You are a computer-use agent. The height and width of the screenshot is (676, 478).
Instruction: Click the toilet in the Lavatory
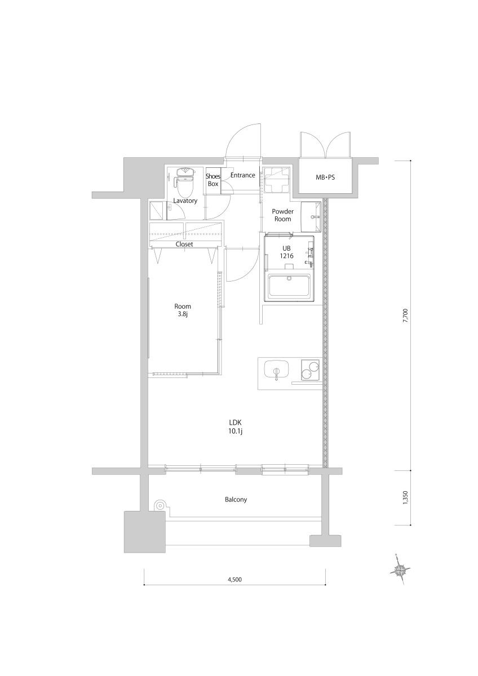(184, 180)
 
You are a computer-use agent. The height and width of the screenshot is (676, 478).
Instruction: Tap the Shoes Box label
(213, 180)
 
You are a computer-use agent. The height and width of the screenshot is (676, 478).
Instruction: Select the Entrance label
(242, 175)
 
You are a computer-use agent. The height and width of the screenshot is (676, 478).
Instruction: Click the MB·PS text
(325, 177)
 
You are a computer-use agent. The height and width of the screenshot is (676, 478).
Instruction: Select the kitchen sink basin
(276, 370)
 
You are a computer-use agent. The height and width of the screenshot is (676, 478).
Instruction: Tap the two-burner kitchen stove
(309, 370)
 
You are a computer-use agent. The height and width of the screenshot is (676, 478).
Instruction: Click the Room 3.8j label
(183, 310)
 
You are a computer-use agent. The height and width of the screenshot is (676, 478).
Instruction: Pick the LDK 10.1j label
(236, 426)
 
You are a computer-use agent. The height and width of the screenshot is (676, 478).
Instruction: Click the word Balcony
(236, 499)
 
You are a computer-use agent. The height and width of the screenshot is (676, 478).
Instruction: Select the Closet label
(184, 244)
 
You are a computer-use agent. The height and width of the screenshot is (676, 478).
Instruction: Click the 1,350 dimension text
(405, 499)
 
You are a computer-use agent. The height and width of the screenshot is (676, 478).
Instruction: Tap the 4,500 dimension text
(235, 579)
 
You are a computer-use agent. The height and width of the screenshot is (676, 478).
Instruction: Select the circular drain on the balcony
(160, 505)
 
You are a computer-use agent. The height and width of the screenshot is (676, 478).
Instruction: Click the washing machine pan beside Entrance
(276, 180)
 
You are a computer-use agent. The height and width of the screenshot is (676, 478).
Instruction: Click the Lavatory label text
(184, 200)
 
